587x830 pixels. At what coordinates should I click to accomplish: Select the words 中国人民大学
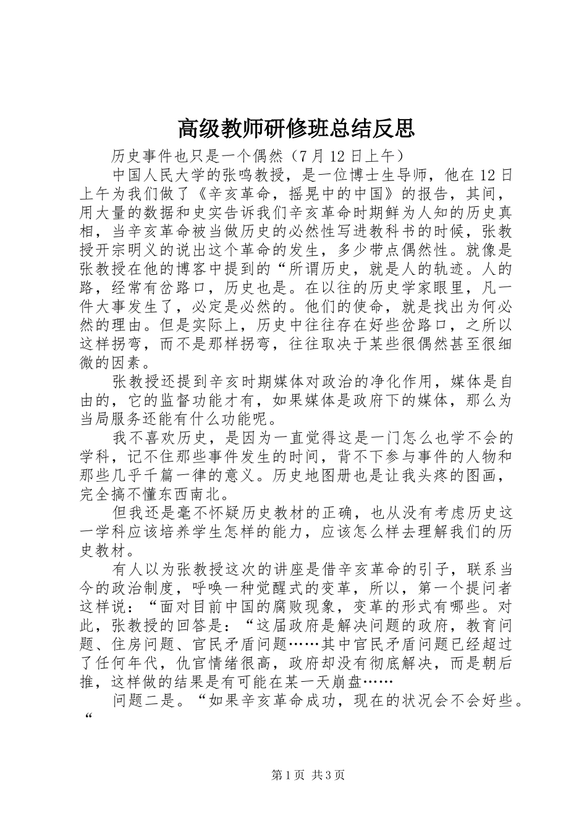pyautogui.click(x=161, y=174)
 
